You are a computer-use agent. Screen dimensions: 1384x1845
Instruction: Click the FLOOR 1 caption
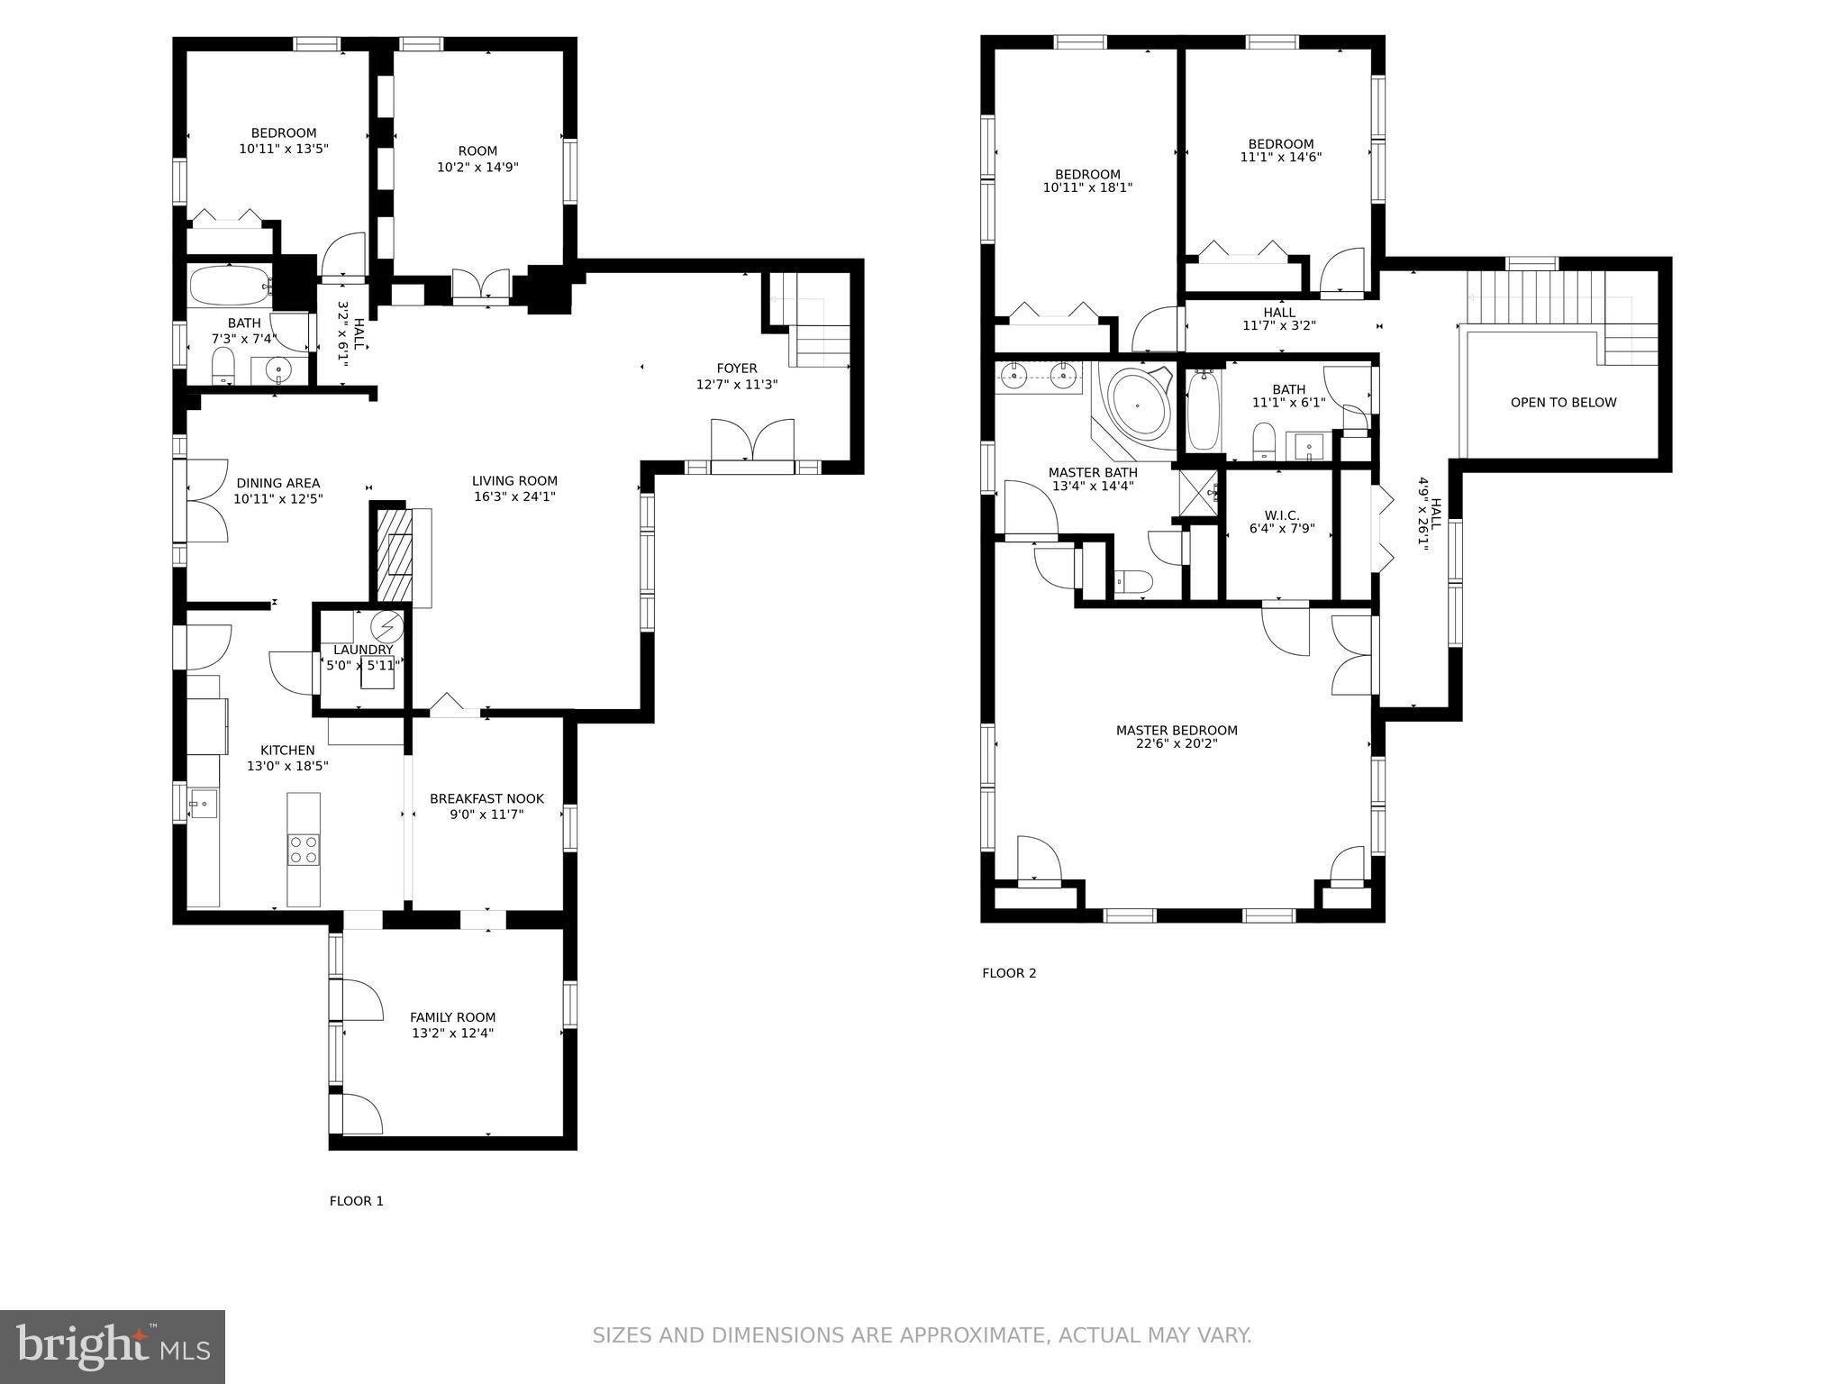click(x=356, y=1201)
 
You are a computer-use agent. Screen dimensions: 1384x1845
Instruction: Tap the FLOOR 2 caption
click(x=1009, y=973)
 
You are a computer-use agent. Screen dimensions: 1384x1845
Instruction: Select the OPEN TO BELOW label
click(x=1563, y=403)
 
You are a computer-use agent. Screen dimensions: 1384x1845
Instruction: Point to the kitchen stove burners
click(x=303, y=850)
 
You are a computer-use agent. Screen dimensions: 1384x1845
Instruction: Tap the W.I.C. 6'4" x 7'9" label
click(x=1281, y=523)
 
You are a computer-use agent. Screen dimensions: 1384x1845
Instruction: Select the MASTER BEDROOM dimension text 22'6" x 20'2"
click(x=1177, y=744)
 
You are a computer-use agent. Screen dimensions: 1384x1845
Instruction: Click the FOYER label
click(x=736, y=368)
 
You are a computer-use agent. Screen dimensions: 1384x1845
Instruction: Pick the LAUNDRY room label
click(x=363, y=650)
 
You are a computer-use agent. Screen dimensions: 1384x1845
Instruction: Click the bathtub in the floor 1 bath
click(x=230, y=286)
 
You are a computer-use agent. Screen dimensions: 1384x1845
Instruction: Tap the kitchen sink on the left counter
click(x=203, y=803)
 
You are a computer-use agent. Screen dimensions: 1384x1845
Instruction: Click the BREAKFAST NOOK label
click(x=486, y=798)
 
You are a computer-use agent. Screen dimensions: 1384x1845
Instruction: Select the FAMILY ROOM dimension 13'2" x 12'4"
click(x=452, y=1033)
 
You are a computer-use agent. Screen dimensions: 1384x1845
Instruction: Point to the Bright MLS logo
click(x=112, y=1346)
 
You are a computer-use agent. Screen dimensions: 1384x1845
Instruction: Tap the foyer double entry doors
click(x=752, y=444)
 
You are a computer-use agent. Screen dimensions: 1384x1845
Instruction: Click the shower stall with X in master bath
click(x=1198, y=493)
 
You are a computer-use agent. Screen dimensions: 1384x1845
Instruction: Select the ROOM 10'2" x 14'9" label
click(x=477, y=159)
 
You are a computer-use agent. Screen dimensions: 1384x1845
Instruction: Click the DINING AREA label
click(x=277, y=483)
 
